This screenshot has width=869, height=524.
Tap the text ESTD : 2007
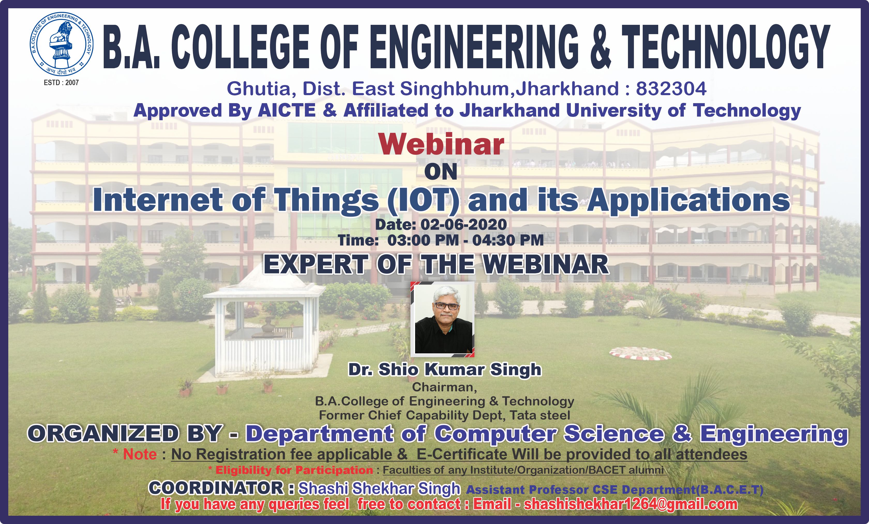(61, 82)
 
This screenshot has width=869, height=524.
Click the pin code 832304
(671, 88)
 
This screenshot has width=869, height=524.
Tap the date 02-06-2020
(463, 225)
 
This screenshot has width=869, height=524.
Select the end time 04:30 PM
(508, 240)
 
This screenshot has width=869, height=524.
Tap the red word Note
(140, 454)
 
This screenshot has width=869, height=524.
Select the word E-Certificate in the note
(462, 454)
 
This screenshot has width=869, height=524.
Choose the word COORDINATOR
(216, 488)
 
